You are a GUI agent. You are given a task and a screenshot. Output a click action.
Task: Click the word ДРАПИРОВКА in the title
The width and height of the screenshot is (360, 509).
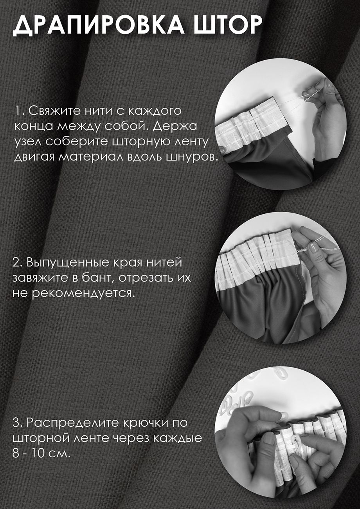coord(98,25)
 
